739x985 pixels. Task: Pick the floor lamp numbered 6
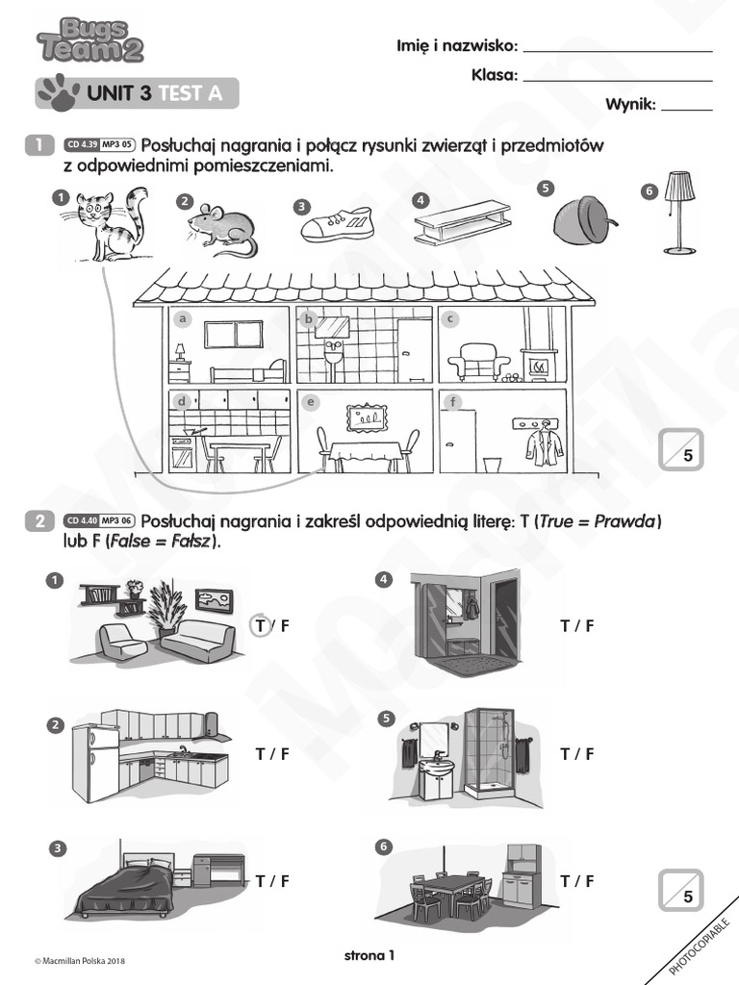coord(680,212)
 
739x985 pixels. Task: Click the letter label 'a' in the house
coord(180,318)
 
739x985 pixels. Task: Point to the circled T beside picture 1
coord(260,626)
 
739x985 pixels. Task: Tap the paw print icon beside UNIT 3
coord(59,91)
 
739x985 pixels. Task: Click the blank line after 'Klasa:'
coord(617,76)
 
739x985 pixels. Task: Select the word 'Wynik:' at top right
coord(630,104)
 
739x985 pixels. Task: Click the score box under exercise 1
coord(681,450)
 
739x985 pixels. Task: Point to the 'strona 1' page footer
coord(369,955)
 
